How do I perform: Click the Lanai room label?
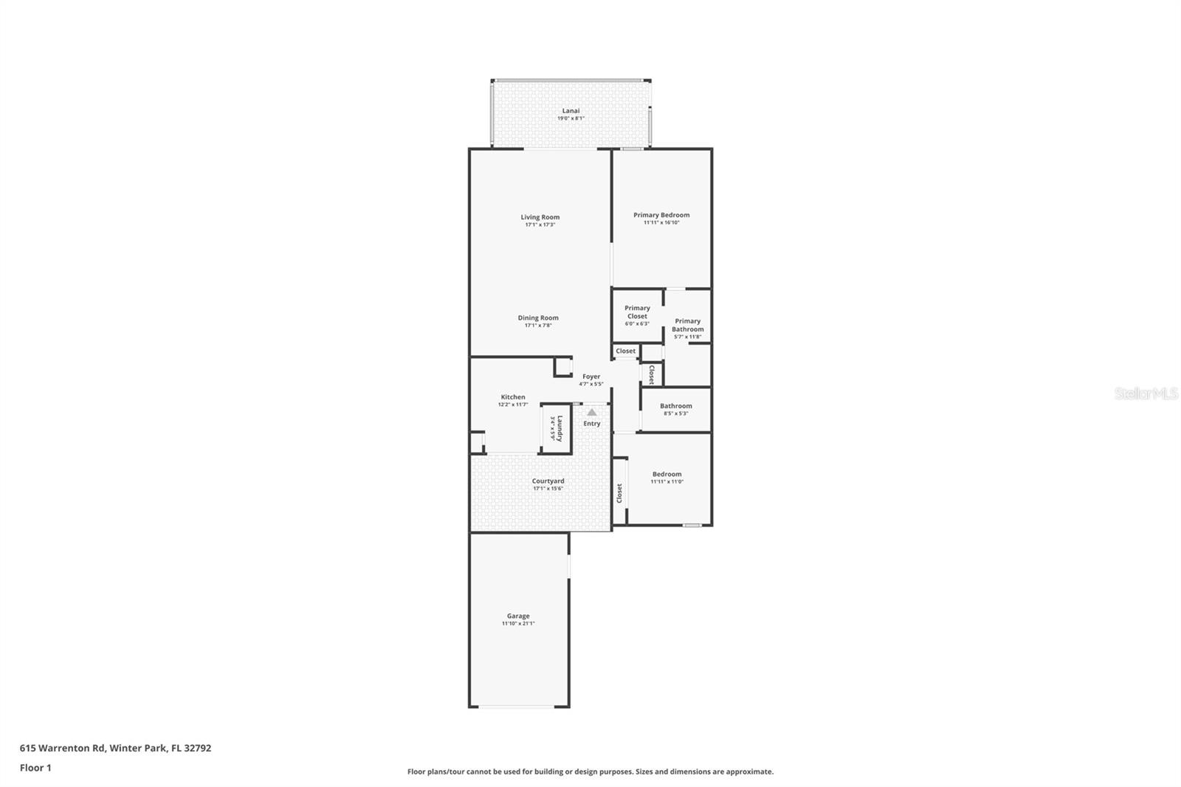[571, 111]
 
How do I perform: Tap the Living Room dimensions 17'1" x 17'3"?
[540, 224]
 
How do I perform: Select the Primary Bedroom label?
[661, 215]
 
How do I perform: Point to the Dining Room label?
[538, 317]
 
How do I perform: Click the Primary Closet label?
[637, 312]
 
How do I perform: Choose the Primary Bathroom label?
[687, 325]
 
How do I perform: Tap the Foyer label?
[590, 377]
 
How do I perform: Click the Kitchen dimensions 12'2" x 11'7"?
[513, 405]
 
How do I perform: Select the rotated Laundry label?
[560, 427]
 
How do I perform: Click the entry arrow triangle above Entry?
[591, 412]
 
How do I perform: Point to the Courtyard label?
[548, 481]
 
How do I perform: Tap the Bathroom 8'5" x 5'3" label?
[675, 409]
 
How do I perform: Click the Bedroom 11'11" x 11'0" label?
[667, 478]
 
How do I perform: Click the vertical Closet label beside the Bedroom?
[620, 493]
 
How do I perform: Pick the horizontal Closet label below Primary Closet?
[625, 351]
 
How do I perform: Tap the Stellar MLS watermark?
[1146, 394]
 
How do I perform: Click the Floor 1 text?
[35, 768]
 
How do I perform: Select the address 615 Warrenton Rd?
[115, 748]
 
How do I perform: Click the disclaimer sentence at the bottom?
[590, 771]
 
